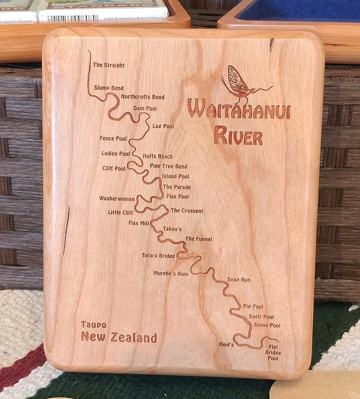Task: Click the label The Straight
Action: (x=109, y=65)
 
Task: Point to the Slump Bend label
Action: (x=109, y=88)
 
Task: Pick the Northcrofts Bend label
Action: (x=142, y=97)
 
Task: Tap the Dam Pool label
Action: (x=145, y=108)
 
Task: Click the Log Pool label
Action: (x=163, y=126)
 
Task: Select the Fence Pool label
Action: (x=113, y=138)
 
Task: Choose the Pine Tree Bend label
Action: (x=168, y=167)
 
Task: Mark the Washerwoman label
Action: (x=117, y=198)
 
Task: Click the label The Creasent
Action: (x=186, y=211)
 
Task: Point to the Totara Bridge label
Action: (x=158, y=256)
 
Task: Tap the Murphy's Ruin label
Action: (x=170, y=274)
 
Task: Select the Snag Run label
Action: (x=238, y=280)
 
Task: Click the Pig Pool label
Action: (x=253, y=307)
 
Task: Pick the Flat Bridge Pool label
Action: (x=273, y=353)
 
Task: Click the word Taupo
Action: (x=94, y=325)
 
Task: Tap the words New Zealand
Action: (x=119, y=338)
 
